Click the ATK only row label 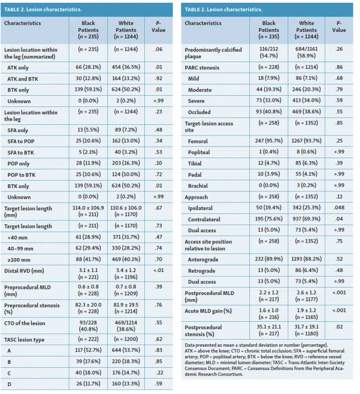click(x=18, y=68)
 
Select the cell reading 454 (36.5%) click(x=126, y=67)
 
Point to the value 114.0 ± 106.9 click(x=88, y=208)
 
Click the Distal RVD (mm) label click(x=24, y=271)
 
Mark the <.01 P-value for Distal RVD click(x=158, y=270)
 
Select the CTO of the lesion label click(x=24, y=323)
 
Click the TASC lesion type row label click(x=24, y=340)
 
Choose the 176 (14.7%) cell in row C click(x=126, y=372)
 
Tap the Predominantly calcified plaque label click(x=213, y=53)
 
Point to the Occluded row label click(x=199, y=112)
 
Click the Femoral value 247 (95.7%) click(x=269, y=141)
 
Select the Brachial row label click(x=198, y=186)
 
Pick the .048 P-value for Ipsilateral click(x=339, y=207)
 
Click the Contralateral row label click(x=204, y=220)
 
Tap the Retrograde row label click(x=202, y=271)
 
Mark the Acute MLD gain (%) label click(x=208, y=311)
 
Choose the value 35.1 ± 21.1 click(x=269, y=326)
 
